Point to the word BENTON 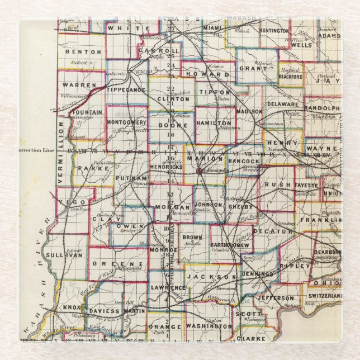83,52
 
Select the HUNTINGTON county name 274,30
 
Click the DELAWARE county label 283,104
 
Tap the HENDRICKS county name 166,167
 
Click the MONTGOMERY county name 126,122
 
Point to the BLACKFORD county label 291,78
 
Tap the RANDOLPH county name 322,108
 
